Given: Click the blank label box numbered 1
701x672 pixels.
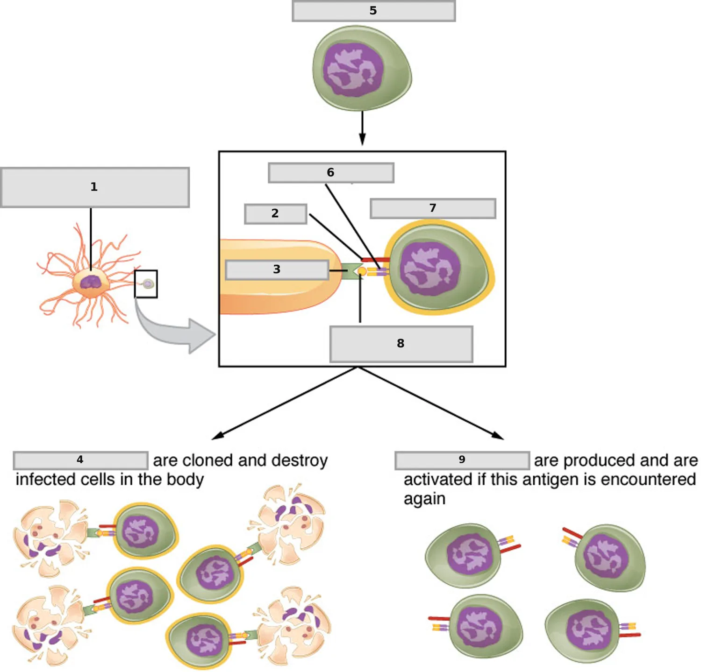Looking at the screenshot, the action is click(x=95, y=187).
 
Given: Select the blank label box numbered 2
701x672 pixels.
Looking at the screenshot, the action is click(x=276, y=214).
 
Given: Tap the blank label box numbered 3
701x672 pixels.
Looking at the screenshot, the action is click(x=277, y=270).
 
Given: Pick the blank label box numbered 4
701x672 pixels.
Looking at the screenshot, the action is click(x=81, y=460).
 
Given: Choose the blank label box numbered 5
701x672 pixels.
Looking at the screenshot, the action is click(x=374, y=11).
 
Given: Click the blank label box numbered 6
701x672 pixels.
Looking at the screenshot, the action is click(x=331, y=173).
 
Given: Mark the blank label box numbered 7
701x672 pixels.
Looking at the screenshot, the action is click(x=433, y=208).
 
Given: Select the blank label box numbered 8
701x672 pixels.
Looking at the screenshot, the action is click(x=401, y=344).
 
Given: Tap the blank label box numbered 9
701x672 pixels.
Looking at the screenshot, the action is click(x=462, y=460).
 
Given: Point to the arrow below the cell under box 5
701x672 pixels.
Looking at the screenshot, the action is click(x=362, y=127).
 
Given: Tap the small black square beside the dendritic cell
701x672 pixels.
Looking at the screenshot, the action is click(x=146, y=284).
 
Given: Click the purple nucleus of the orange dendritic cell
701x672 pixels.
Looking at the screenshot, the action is click(x=91, y=282).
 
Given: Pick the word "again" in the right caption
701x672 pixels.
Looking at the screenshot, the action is click(x=424, y=499).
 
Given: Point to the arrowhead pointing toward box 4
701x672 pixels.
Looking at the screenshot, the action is click(x=218, y=436).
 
